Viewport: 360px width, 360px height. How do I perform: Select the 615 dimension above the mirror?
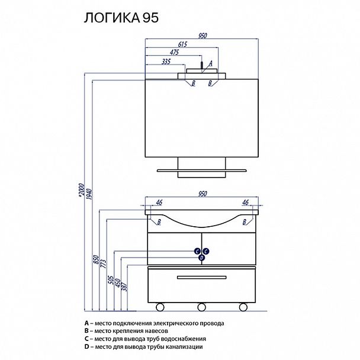pyautogui.click(x=184, y=44)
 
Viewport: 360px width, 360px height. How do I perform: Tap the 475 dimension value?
pyautogui.click(x=174, y=52)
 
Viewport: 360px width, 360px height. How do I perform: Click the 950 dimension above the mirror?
pyautogui.click(x=202, y=36)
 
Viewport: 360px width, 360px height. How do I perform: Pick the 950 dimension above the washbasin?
pyautogui.click(x=202, y=194)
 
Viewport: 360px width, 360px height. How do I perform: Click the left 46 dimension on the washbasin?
pyautogui.click(x=158, y=203)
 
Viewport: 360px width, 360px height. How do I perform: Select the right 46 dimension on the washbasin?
pyautogui.click(x=245, y=203)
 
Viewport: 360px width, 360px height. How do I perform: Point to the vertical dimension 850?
pyautogui.click(x=96, y=260)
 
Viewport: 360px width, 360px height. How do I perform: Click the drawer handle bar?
pyautogui.click(x=201, y=277)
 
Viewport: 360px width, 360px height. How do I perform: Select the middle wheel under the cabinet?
pyautogui.click(x=201, y=307)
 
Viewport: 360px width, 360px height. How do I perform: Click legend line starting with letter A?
pyautogui.click(x=155, y=324)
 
